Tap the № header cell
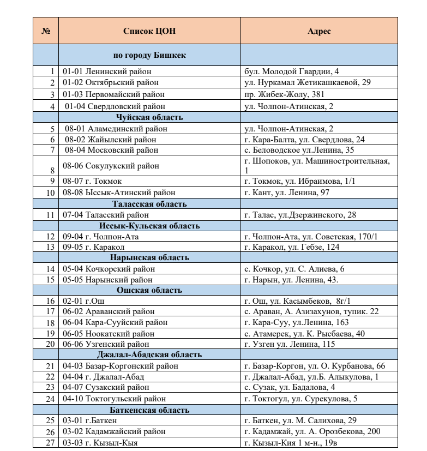pyautogui.click(x=46, y=31)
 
